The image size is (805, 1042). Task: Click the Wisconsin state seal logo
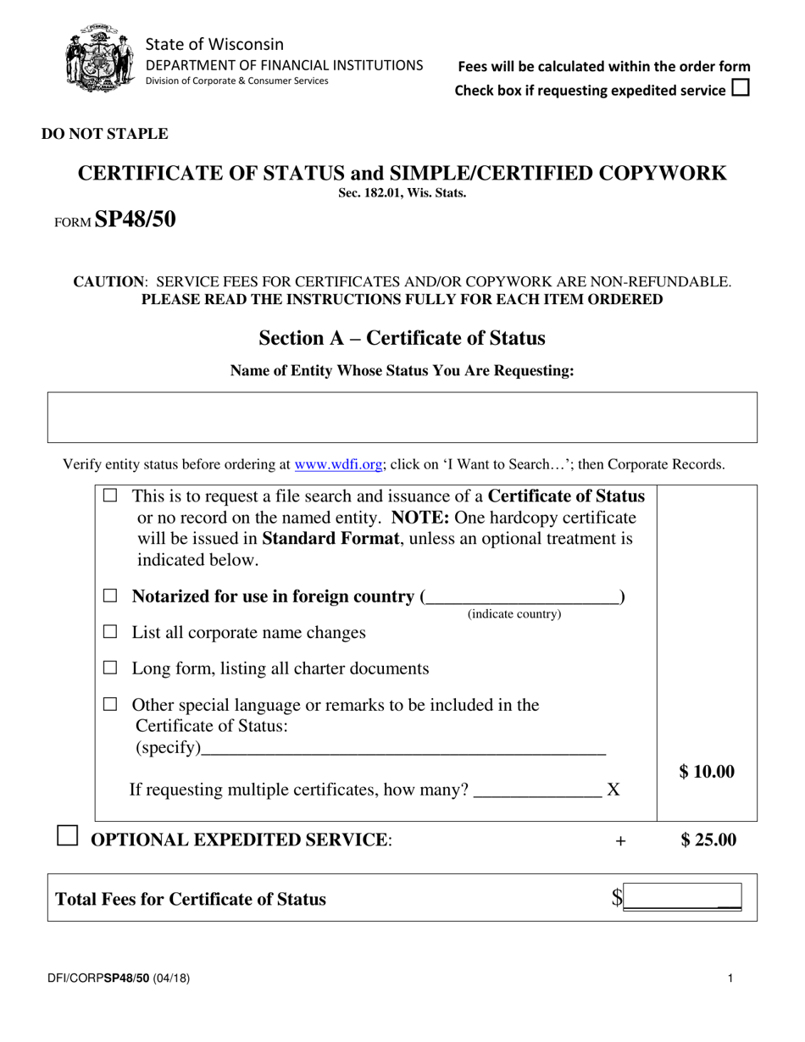(x=99, y=58)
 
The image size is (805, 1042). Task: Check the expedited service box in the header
(x=740, y=88)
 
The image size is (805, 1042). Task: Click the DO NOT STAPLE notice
(x=104, y=134)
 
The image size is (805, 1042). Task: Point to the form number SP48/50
(x=136, y=219)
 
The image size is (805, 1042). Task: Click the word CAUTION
(x=108, y=281)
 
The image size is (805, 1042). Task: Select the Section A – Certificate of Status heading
(x=402, y=338)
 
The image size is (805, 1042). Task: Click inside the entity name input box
(x=402, y=417)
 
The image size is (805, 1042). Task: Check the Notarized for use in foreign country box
(x=110, y=596)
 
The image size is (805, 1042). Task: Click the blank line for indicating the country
(x=521, y=598)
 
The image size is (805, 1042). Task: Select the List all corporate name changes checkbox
(x=110, y=632)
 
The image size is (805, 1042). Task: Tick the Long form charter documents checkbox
(x=110, y=668)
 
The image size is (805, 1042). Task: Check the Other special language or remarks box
(x=110, y=705)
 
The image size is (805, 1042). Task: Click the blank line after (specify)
(x=404, y=749)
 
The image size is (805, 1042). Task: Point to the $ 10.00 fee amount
(x=707, y=772)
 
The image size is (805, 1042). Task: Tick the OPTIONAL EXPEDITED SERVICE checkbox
(x=66, y=837)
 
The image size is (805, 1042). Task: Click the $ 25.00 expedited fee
(x=708, y=840)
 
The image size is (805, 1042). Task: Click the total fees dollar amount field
(x=682, y=898)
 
